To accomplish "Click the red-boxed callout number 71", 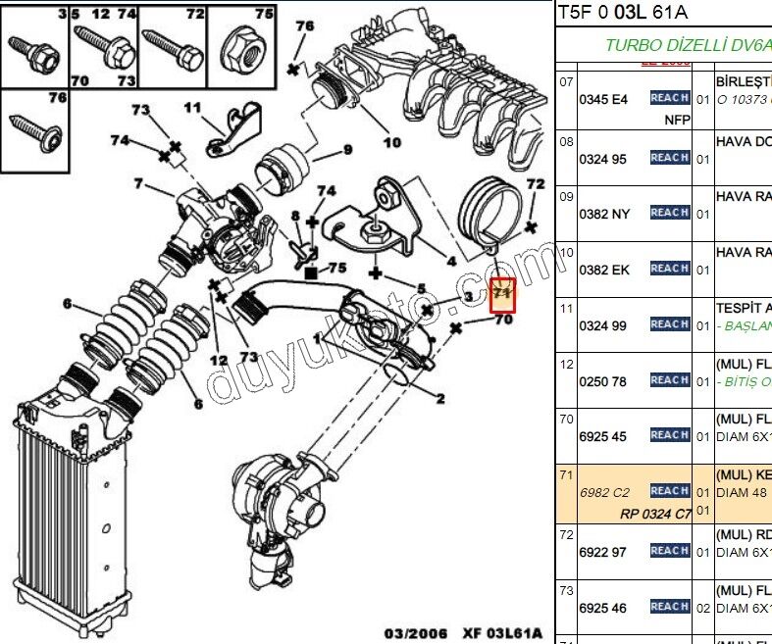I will (x=503, y=292).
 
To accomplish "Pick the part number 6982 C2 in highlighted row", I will (x=604, y=493).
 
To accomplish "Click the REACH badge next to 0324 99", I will (x=669, y=324).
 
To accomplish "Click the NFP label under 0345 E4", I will (x=677, y=120).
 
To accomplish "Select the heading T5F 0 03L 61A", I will (x=623, y=13).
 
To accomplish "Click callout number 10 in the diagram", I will (x=391, y=142).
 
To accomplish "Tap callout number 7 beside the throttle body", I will (x=138, y=183).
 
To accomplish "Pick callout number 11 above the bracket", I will (x=192, y=107).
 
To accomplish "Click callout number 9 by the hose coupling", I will (x=346, y=150).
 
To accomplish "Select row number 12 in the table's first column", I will (x=566, y=365).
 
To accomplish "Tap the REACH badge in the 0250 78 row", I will (x=669, y=380).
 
